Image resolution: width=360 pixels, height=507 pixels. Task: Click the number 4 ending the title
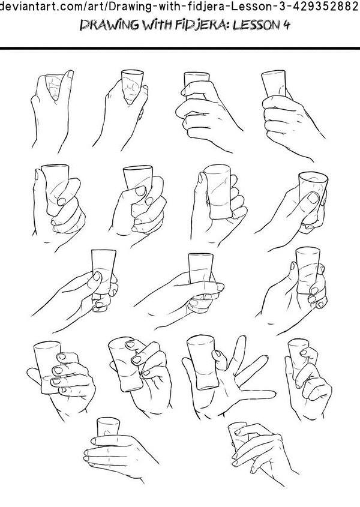click(x=286, y=25)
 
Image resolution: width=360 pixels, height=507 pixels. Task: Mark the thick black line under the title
click(x=180, y=49)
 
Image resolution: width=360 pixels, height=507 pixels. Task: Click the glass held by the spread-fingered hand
click(x=202, y=362)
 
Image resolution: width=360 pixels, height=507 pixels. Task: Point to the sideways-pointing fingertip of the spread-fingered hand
click(x=272, y=394)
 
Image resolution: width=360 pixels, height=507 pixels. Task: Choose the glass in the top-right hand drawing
click(x=274, y=83)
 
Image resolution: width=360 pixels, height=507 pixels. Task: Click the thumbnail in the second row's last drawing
click(x=313, y=197)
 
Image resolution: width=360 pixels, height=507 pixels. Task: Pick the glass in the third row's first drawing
click(x=103, y=272)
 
